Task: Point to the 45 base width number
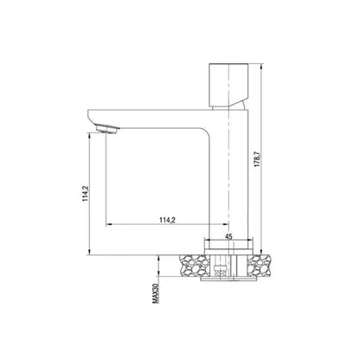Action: (228, 234)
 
